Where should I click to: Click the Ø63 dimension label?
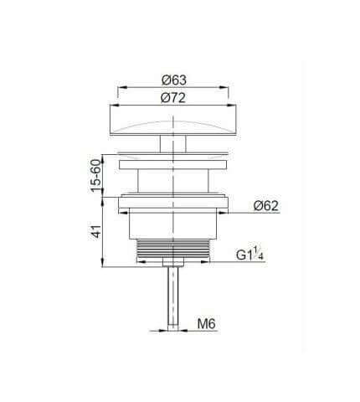pyautogui.click(x=174, y=80)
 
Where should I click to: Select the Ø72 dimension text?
pyautogui.click(x=173, y=98)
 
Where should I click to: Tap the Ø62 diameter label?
pyautogui.click(x=266, y=206)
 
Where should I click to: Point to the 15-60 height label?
pyautogui.click(x=95, y=176)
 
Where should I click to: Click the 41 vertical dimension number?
pyautogui.click(x=96, y=231)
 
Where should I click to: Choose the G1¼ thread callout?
pyautogui.click(x=250, y=255)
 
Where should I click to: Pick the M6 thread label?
pyautogui.click(x=207, y=324)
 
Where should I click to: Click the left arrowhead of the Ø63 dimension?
pyautogui.click(x=121, y=87)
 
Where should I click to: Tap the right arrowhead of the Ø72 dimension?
pyautogui.click(x=231, y=106)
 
